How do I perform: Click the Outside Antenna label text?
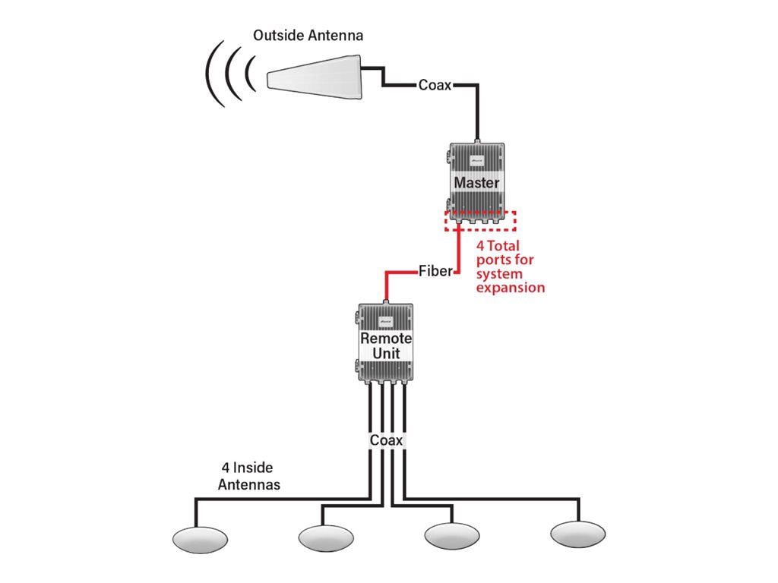click(308, 36)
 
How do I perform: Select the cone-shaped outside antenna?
click(315, 76)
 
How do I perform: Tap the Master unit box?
click(476, 182)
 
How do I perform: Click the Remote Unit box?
click(385, 343)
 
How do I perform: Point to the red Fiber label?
click(435, 271)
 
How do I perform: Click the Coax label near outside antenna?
click(435, 85)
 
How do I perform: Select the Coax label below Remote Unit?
click(386, 440)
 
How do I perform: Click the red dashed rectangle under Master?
click(480, 220)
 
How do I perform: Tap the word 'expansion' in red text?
click(510, 288)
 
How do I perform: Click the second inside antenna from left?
click(326, 538)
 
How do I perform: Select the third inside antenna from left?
click(451, 535)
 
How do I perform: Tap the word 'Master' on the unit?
click(476, 183)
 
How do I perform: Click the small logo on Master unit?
click(476, 162)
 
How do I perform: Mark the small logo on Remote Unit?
click(385, 322)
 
